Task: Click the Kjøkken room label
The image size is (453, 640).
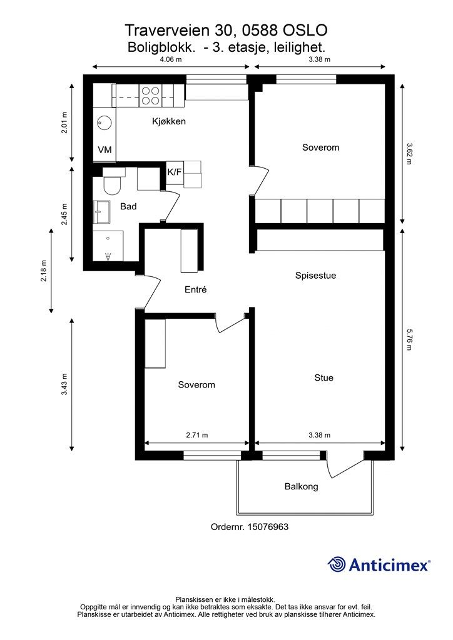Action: coord(169,121)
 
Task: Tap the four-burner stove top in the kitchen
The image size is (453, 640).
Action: coord(150,96)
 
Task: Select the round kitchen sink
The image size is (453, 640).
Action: coord(104,122)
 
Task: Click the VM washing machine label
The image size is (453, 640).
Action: coord(104,150)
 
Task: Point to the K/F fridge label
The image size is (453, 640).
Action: coord(175,172)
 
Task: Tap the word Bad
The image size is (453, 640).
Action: coord(128,206)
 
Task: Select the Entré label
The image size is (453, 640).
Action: coord(196,289)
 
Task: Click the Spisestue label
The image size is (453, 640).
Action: coord(316,276)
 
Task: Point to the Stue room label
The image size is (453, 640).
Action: coord(324,378)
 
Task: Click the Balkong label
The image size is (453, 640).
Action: coord(302,486)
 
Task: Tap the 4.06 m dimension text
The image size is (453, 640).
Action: coord(171,59)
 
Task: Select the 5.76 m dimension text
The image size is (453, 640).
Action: coord(409,339)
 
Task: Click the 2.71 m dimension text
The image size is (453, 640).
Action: coord(197,435)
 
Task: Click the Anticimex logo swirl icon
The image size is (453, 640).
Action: coord(337,565)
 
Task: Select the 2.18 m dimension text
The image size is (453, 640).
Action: coord(44,271)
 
